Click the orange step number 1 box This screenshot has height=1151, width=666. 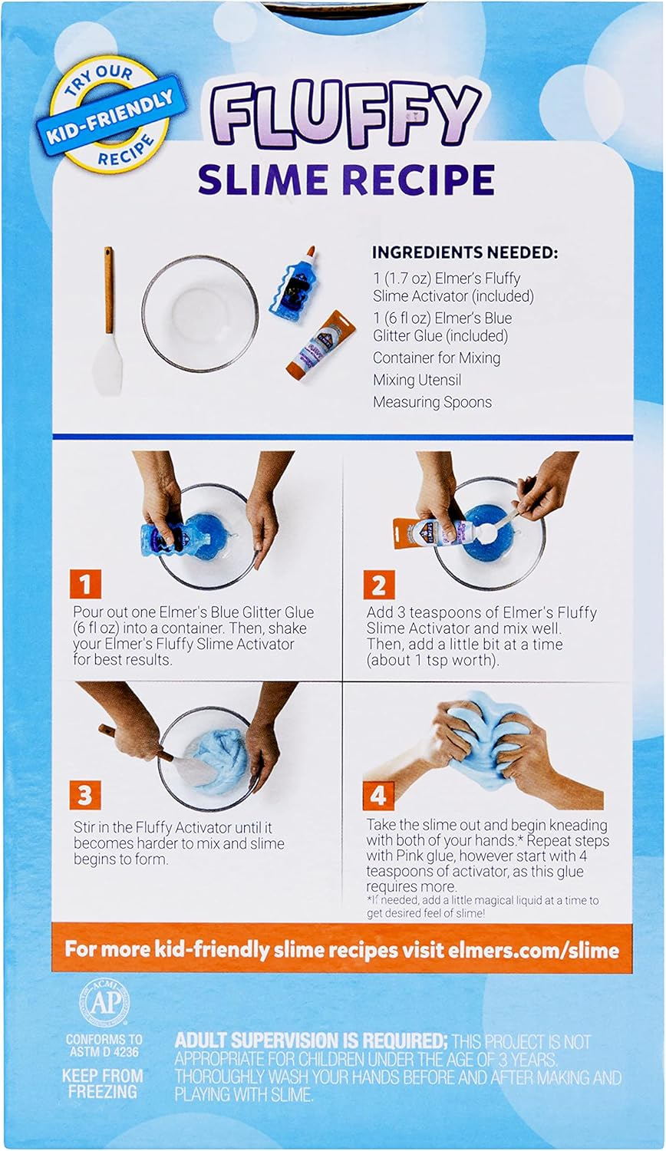pos(85,584)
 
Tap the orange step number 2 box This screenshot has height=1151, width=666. pos(378,584)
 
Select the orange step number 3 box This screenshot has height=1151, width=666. pos(85,795)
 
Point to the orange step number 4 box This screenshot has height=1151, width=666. pos(379,796)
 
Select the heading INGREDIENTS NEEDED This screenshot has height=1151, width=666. pos(465,252)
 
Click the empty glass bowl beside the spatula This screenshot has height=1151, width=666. pos(200,314)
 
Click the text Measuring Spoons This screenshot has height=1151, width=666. pos(432,402)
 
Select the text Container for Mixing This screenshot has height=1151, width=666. pos(437,358)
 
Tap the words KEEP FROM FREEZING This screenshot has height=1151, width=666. pos(103,1083)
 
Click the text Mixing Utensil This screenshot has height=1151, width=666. pos(417,380)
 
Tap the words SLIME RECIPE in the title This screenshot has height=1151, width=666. pos(346,179)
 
